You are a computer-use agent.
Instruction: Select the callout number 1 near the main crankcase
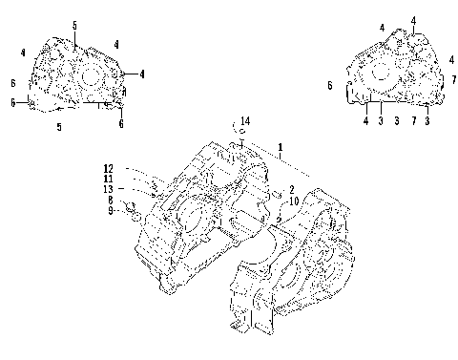[280, 148]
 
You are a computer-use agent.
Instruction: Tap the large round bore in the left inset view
[93, 75]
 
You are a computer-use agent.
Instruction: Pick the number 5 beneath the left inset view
[60, 126]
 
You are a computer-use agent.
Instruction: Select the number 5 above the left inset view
[74, 23]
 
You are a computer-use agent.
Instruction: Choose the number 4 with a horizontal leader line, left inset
[141, 74]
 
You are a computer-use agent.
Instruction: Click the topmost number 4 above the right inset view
[413, 20]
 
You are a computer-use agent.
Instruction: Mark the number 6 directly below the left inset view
[121, 123]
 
